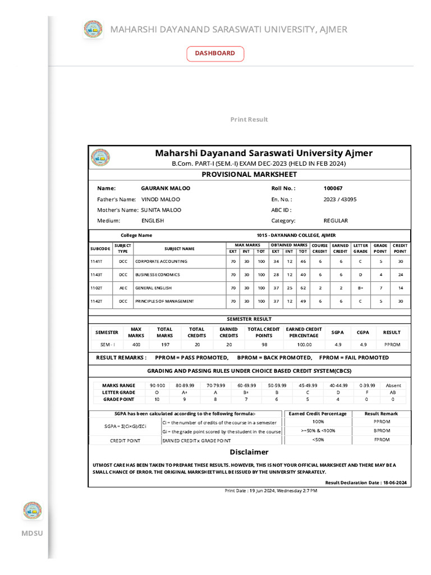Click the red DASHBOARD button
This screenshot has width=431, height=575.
point(215,53)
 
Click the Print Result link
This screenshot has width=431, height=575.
point(249,120)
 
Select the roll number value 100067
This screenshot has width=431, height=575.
point(333,189)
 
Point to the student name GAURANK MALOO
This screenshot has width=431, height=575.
point(166,189)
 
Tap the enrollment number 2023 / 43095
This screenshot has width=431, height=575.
point(340,199)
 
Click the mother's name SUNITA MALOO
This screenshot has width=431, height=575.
point(161,210)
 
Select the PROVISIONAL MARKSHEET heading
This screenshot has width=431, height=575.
point(249,175)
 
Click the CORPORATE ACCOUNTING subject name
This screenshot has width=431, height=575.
point(161,262)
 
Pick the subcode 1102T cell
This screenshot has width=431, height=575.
point(97,288)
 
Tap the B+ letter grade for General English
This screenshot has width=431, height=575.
point(360,288)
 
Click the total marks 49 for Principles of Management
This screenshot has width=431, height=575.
point(302,302)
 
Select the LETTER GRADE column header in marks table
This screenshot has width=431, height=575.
point(360,248)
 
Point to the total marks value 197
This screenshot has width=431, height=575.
point(164,344)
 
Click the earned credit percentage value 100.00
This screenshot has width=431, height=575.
point(304,344)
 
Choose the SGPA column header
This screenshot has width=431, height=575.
point(337,332)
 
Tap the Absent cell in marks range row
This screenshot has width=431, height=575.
point(393,386)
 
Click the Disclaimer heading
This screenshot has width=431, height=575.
point(249,452)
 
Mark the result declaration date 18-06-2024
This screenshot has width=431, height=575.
point(395,483)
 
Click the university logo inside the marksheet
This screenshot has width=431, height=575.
point(101,158)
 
